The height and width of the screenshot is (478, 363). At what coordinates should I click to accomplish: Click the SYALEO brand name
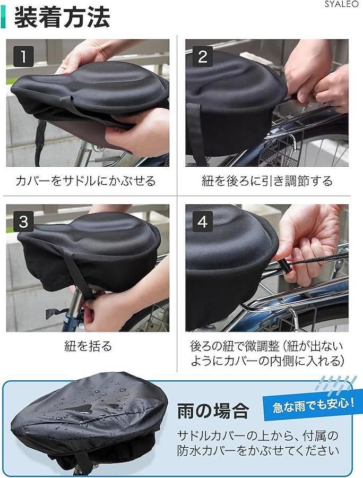pyautogui.click(x=341, y=4)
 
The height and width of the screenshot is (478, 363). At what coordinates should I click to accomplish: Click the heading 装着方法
pyautogui.click(x=62, y=18)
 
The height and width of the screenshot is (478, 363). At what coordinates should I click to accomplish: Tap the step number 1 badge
pyautogui.click(x=23, y=57)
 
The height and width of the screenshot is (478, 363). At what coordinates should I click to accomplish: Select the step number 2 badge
pyautogui.click(x=203, y=57)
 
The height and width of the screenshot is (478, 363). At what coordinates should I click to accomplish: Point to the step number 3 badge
pyautogui.click(x=23, y=221)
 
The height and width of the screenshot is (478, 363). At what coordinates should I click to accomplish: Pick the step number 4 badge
pyautogui.click(x=203, y=221)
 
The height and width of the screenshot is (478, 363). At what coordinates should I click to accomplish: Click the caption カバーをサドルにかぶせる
pyautogui.click(x=85, y=181)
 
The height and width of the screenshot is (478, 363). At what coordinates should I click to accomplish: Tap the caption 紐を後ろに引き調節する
pyautogui.click(x=267, y=181)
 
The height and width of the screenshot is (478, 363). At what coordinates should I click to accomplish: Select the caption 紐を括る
pyautogui.click(x=88, y=346)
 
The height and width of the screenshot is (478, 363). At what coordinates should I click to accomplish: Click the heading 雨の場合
pyautogui.click(x=213, y=411)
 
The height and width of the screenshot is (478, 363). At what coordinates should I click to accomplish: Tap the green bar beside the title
pyautogui.click(x=3, y=18)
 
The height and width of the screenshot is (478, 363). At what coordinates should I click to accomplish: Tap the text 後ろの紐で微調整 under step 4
pyautogui.click(x=235, y=346)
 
